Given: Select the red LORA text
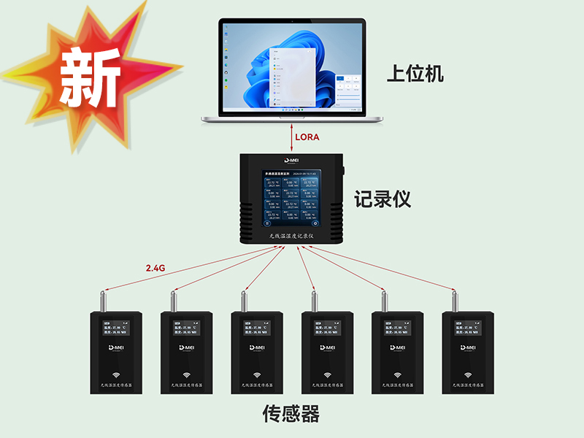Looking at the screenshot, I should point(307,137).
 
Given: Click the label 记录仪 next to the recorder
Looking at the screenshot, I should point(383,199).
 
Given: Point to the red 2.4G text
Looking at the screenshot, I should point(155,268).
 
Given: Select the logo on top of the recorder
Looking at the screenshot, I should point(293,160).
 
